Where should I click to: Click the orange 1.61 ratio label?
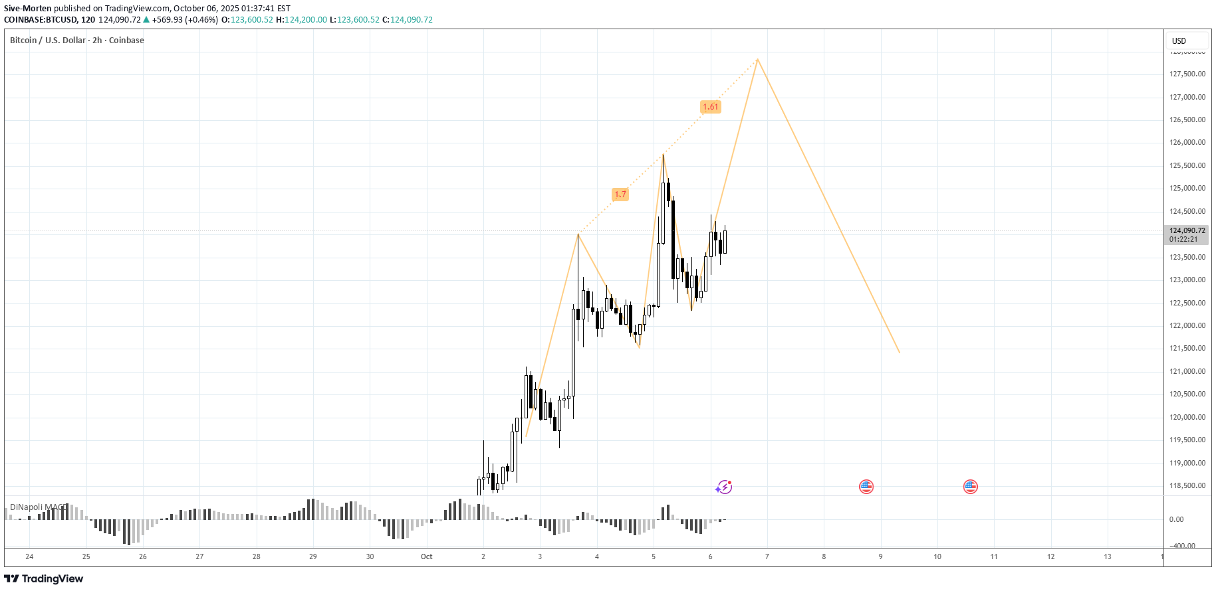point(710,107)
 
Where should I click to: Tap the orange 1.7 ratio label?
point(620,195)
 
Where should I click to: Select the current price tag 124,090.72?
point(1187,231)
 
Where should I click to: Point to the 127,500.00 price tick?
point(1187,74)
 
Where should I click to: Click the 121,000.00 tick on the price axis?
point(1187,371)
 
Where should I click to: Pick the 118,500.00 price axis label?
point(1187,485)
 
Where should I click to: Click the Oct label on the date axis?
point(426,556)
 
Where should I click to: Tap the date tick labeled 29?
point(313,556)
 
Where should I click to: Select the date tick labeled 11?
point(994,556)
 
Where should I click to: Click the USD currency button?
point(1179,41)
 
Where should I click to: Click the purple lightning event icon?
point(724,487)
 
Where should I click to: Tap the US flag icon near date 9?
point(866,487)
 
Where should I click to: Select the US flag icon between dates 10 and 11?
point(970,487)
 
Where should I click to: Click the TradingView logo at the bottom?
point(44,578)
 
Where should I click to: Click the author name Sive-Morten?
point(28,9)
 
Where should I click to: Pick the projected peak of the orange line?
point(757,60)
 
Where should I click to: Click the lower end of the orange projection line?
point(899,352)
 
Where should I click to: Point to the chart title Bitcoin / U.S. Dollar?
point(48,41)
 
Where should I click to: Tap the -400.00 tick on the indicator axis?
point(1183,546)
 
